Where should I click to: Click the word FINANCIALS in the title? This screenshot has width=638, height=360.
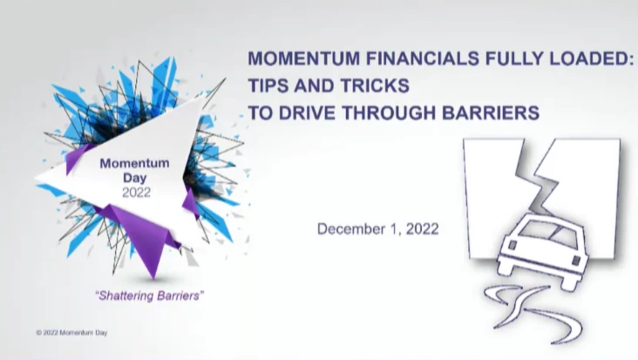pyautogui.click(x=423, y=58)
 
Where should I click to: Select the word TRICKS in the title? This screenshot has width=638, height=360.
pyautogui.click(x=375, y=85)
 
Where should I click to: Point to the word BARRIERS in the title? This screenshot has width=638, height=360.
pyautogui.click(x=491, y=112)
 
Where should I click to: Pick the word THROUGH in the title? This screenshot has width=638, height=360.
pyautogui.click(x=388, y=112)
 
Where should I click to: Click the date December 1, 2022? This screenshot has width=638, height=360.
pyautogui.click(x=378, y=229)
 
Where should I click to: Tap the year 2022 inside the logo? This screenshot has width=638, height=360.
pyautogui.click(x=136, y=193)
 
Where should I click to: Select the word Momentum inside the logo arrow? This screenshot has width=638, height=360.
pyautogui.click(x=135, y=163)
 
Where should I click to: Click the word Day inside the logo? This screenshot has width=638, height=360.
pyautogui.click(x=135, y=178)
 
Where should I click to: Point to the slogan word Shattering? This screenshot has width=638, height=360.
pyautogui.click(x=126, y=295)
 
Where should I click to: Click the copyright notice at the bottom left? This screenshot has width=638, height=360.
pyautogui.click(x=71, y=333)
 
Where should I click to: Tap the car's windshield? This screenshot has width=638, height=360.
pyautogui.click(x=546, y=234)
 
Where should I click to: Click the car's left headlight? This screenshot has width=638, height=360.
pyautogui.click(x=512, y=245)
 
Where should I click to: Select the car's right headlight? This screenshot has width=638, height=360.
pyautogui.click(x=576, y=260)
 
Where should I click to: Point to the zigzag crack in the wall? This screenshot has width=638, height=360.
pyautogui.click(x=536, y=175)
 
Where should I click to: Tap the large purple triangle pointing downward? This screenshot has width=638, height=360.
pyautogui.click(x=142, y=236)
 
